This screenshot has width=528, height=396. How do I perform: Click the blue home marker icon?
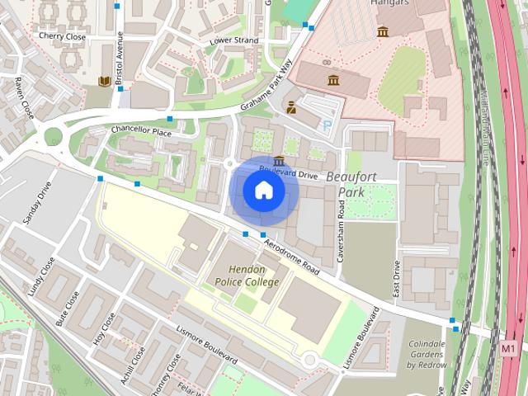(263, 191)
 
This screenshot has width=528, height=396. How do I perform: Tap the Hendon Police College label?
(247, 276)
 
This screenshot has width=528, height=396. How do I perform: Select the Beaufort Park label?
(351, 184)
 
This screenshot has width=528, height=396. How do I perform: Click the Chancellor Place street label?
(141, 131)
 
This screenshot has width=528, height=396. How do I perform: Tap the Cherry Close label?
(62, 36)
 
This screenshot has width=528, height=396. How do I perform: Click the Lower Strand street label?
(234, 40)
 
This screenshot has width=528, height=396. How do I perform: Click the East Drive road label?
(397, 278)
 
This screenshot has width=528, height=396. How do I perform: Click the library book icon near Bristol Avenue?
(104, 81)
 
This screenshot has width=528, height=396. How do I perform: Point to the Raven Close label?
(23, 97)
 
